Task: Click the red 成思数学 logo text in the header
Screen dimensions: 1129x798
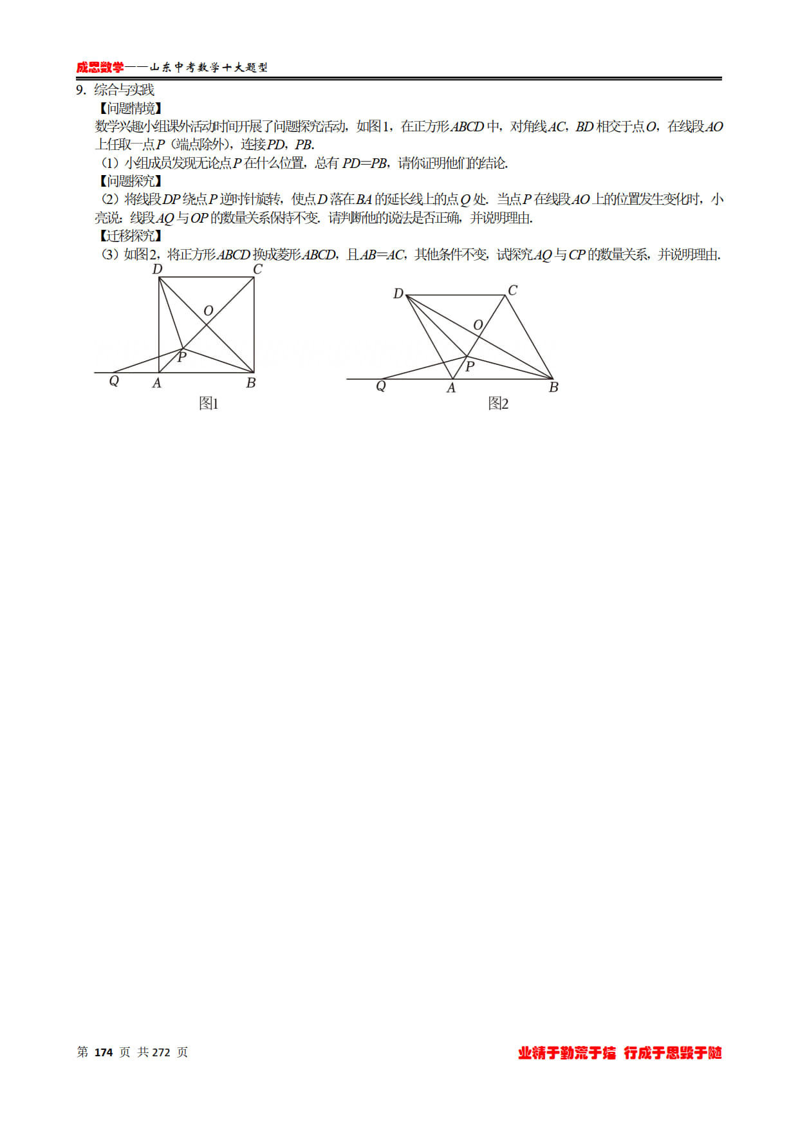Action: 100,68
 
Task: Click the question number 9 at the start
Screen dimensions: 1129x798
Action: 80,90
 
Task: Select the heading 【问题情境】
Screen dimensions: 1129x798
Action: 130,108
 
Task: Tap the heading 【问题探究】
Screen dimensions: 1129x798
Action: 130,181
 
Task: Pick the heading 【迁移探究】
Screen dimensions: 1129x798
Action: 130,236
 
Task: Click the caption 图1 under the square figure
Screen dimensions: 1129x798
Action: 209,404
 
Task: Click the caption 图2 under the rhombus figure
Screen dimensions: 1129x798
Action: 498,404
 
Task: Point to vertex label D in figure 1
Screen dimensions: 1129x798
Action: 157,269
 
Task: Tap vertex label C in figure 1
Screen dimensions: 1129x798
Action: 257,269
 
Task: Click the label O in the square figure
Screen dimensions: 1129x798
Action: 208,311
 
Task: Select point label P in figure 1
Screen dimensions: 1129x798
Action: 182,357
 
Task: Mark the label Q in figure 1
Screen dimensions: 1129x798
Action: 114,381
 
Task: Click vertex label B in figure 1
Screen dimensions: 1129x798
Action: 251,383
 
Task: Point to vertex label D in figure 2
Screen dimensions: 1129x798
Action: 398,294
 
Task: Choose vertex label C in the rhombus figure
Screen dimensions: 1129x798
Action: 512,290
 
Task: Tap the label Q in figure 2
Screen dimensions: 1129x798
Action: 381,386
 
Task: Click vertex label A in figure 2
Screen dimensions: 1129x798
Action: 451,387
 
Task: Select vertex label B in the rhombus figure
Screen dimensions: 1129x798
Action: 553,387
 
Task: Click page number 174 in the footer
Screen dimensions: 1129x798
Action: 104,1052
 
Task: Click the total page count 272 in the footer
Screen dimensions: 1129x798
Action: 161,1052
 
